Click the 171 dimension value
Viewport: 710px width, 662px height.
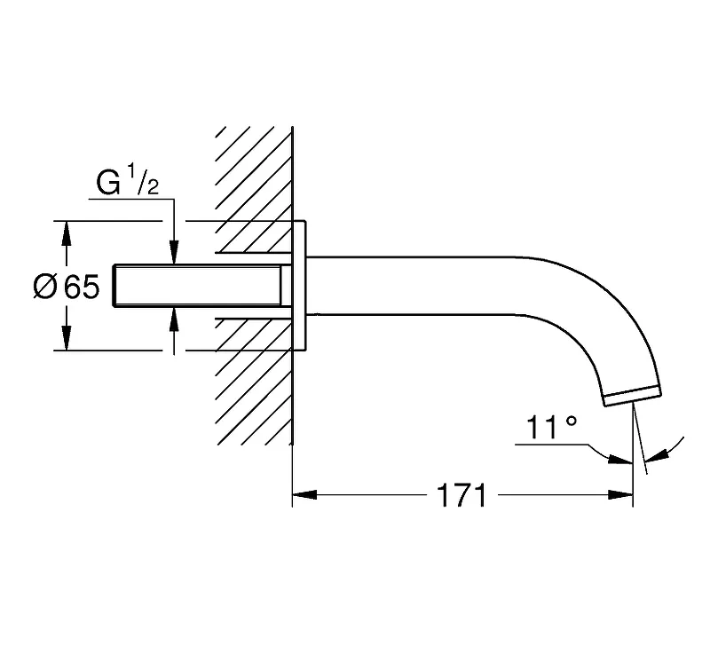click(x=461, y=495)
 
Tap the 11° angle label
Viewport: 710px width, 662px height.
click(x=551, y=428)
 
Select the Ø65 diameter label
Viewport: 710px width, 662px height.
click(x=67, y=287)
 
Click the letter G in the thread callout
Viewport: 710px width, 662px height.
click(x=108, y=183)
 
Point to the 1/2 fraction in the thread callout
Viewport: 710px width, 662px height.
click(x=143, y=180)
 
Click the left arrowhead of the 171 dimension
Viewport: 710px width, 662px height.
click(x=304, y=495)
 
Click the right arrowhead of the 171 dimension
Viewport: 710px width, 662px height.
click(x=620, y=495)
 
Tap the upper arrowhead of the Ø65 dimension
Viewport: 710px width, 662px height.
click(x=67, y=233)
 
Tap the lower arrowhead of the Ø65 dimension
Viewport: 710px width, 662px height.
click(x=67, y=338)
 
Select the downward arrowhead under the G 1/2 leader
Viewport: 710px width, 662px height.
click(x=174, y=252)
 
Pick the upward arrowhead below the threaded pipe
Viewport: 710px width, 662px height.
click(x=174, y=319)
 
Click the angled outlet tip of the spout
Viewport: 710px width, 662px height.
click(x=633, y=396)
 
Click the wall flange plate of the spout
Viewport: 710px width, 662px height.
click(x=299, y=286)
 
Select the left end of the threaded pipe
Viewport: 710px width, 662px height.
click(x=114, y=286)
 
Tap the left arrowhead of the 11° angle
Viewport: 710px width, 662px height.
click(x=619, y=459)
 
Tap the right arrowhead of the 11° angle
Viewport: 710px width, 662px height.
click(x=657, y=455)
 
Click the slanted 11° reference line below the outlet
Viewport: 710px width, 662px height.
click(x=641, y=439)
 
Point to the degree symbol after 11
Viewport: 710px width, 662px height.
click(x=572, y=422)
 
